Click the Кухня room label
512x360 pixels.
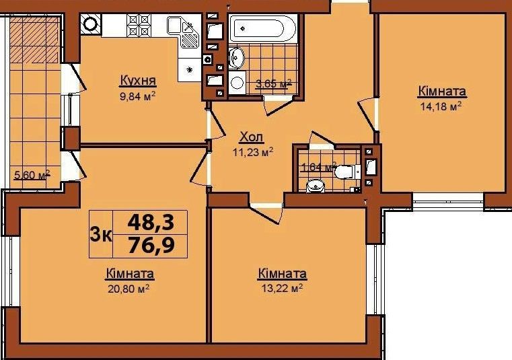(138, 80)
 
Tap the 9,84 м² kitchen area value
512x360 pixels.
(137, 96)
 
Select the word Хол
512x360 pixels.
(252, 137)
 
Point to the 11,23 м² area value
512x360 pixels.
(253, 151)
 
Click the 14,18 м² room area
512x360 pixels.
(441, 106)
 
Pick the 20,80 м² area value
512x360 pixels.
(129, 288)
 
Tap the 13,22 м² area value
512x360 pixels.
(282, 288)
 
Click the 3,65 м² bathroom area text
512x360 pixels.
(273, 83)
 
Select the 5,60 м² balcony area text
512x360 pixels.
(32, 175)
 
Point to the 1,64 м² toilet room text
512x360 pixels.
(318, 167)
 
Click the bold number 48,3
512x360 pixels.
(151, 222)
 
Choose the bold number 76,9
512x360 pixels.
(151, 246)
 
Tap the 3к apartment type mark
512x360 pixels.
(101, 235)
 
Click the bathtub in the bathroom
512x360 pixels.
(263, 28)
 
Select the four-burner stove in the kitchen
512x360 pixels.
(138, 25)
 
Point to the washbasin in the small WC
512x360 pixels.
(316, 186)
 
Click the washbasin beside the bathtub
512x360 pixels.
(236, 57)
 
